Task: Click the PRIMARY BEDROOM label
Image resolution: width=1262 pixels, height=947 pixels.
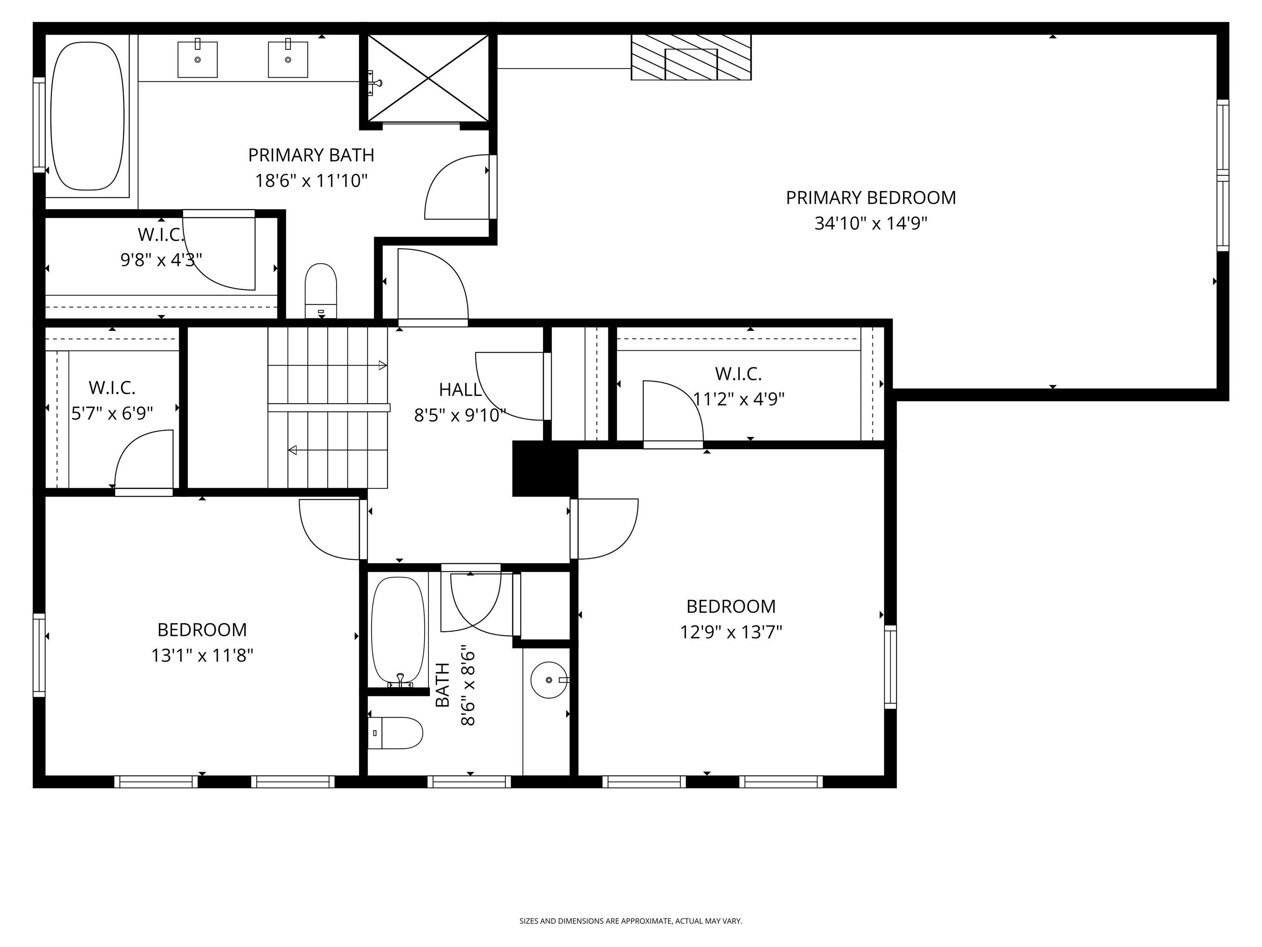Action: (x=870, y=198)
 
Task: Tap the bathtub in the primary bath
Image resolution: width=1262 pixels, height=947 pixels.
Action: (x=87, y=116)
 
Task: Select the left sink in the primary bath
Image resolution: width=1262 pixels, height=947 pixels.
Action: (x=198, y=59)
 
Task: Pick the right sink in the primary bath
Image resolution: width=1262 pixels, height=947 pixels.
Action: (x=288, y=59)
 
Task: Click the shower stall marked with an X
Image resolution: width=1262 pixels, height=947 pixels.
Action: (x=428, y=78)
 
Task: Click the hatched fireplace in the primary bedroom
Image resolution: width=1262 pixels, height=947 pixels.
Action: (x=691, y=57)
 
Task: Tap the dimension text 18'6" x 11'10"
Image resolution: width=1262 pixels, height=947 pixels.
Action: (x=311, y=181)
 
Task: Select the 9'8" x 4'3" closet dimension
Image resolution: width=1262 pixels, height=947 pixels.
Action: (x=161, y=260)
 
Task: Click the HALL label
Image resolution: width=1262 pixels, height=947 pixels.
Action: (x=460, y=390)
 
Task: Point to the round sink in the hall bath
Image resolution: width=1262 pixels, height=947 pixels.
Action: (x=549, y=680)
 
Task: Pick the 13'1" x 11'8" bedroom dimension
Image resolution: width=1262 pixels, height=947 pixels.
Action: (x=202, y=655)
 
